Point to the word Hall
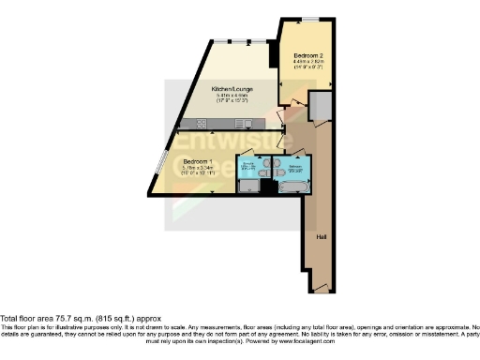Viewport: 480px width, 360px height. [321, 236]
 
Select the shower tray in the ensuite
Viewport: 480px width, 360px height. [249, 187]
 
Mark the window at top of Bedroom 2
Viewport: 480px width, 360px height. [307, 20]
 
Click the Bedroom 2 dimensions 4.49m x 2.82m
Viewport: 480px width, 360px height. [308, 61]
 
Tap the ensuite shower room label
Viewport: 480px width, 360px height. [249, 169]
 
